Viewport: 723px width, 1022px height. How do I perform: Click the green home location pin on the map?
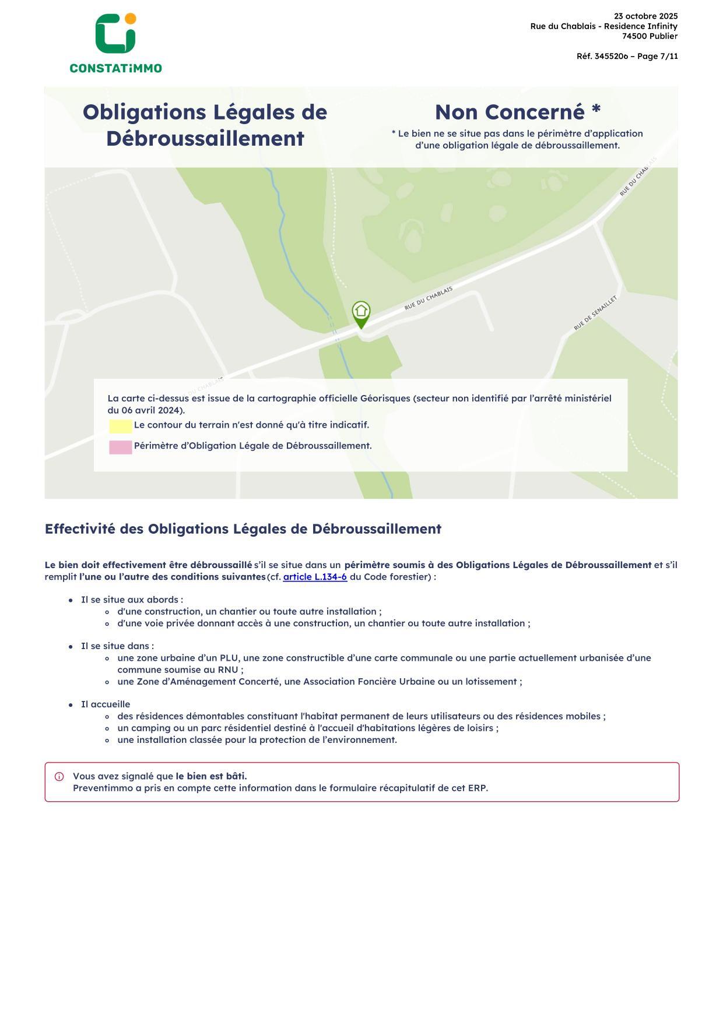point(361,313)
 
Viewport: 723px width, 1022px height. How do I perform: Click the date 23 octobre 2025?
point(645,16)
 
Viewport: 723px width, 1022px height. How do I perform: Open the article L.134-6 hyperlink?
point(315,577)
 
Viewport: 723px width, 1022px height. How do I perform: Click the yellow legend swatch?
point(121,427)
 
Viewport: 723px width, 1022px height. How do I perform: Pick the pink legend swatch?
point(121,447)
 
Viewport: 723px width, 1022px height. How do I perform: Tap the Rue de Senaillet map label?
point(595,313)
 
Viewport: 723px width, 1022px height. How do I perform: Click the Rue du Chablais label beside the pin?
point(428,298)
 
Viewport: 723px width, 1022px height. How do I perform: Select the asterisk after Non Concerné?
point(595,110)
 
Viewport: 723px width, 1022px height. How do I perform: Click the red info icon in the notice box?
point(59,777)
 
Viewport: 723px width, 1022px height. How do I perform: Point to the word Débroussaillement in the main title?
point(205,139)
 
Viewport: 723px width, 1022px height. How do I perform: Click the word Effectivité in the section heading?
point(80,529)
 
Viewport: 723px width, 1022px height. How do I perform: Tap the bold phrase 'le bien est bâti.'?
point(211,776)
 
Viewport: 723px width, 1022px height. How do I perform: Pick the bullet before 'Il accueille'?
point(71,704)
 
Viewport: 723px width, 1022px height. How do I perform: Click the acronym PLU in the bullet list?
point(229,658)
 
